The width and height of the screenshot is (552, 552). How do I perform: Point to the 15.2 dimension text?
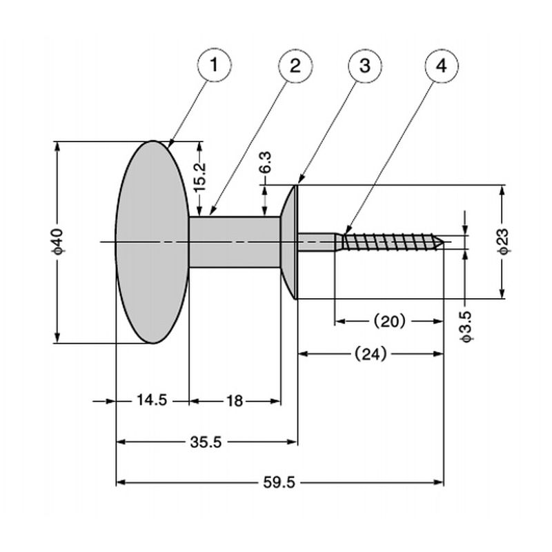point(199,177)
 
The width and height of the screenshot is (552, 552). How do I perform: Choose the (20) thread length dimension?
point(388,321)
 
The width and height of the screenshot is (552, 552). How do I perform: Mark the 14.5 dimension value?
point(152,400)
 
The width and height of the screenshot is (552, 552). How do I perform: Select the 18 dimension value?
point(235,400)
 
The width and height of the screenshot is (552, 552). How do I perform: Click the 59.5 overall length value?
point(279,482)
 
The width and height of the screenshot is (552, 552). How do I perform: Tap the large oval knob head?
point(152,241)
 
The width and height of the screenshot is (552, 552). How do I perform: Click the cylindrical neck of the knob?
point(235,241)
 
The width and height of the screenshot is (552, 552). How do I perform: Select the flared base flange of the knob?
point(290,241)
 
